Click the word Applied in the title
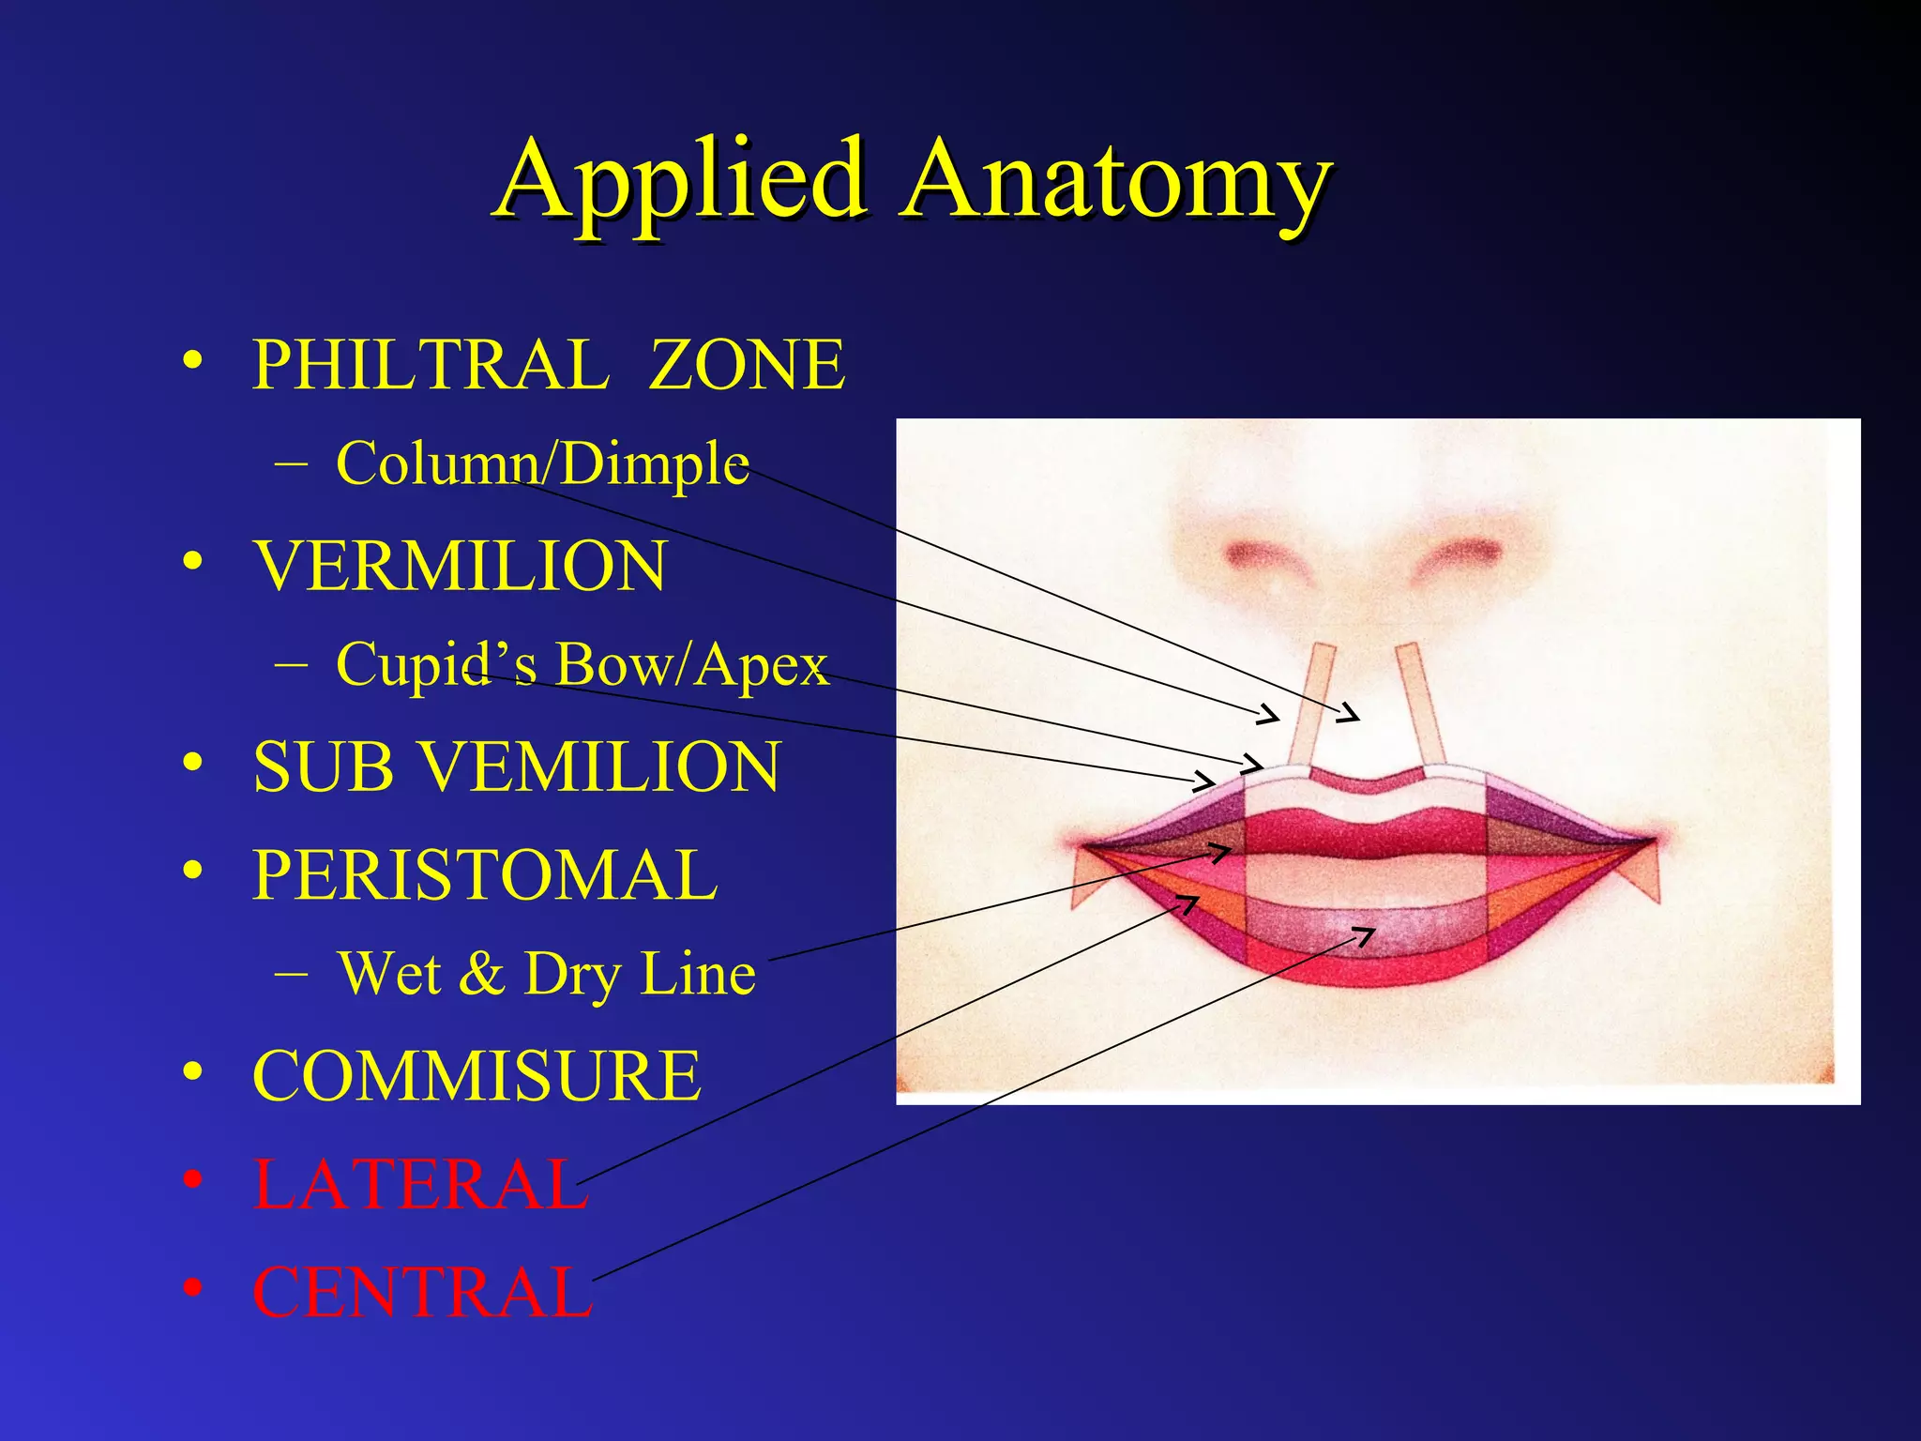[681, 180]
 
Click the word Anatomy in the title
[1116, 180]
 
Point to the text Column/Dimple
[542, 463]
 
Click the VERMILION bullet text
[460, 567]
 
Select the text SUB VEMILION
[516, 767]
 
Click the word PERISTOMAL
[485, 874]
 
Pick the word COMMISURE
[476, 1076]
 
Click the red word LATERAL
[420, 1184]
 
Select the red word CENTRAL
[423, 1293]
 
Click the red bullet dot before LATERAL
[192, 1179]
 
